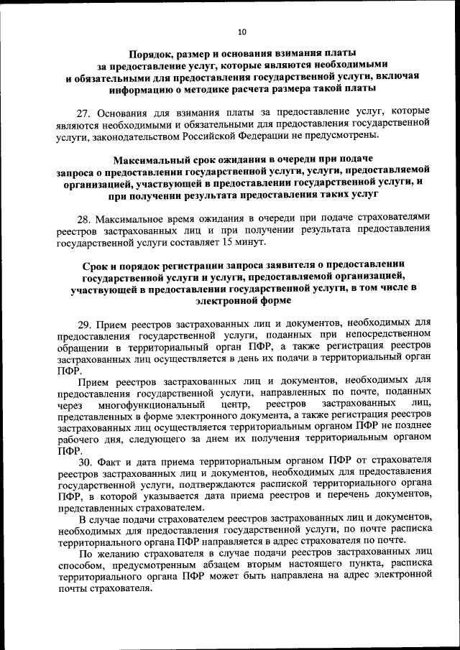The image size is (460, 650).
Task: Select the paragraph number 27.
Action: (x=83, y=112)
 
